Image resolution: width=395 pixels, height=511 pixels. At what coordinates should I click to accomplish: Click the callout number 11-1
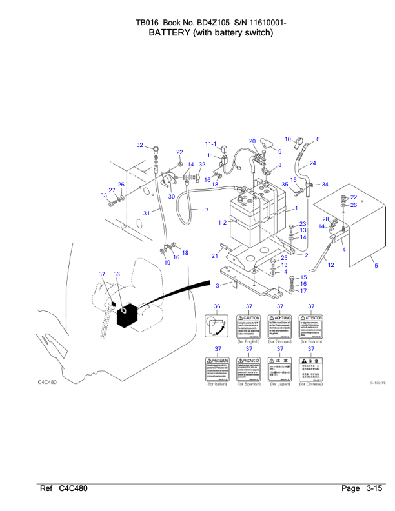[x=211, y=143]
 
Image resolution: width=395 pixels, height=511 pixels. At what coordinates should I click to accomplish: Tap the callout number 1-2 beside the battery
[x=223, y=222]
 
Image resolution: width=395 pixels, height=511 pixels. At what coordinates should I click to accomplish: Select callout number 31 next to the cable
[x=147, y=213]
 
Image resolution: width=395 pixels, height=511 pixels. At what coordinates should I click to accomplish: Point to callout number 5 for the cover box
[x=376, y=266]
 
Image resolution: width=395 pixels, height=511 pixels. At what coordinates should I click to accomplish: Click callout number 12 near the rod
[x=330, y=265]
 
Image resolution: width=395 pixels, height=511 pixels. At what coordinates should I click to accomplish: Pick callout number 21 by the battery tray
[x=214, y=256]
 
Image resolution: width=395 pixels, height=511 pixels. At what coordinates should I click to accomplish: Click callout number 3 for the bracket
[x=218, y=285]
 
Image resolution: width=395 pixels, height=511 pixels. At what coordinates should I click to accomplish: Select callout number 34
[x=325, y=185]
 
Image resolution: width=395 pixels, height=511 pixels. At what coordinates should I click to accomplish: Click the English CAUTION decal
[x=248, y=328]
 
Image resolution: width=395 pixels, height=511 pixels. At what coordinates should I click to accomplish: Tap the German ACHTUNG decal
[x=280, y=328]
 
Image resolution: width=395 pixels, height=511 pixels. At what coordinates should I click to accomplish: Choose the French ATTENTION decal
[x=311, y=328]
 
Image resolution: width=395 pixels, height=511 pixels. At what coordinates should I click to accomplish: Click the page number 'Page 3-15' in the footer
[x=363, y=489]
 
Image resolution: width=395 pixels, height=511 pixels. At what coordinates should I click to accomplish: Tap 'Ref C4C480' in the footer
[x=64, y=489]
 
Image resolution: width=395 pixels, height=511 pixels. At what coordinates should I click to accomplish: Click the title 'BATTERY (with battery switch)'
[x=204, y=32]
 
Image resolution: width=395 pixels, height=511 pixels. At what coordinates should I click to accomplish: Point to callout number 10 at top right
[x=288, y=139]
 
